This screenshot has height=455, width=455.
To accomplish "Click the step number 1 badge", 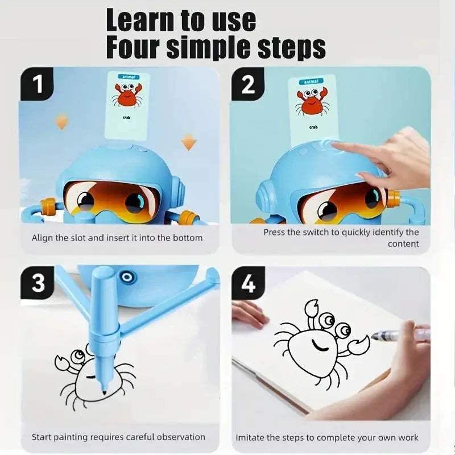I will click(38, 85).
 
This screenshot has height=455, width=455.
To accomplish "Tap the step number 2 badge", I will click(249, 85).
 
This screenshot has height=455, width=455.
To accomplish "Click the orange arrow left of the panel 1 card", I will click(61, 121).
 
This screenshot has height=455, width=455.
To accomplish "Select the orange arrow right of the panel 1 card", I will click(189, 142).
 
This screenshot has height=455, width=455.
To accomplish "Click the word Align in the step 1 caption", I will click(43, 237).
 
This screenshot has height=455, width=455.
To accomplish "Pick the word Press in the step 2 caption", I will click(275, 232).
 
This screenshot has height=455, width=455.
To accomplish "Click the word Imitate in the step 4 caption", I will click(251, 437).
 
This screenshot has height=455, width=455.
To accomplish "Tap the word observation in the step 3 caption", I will click(179, 437).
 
